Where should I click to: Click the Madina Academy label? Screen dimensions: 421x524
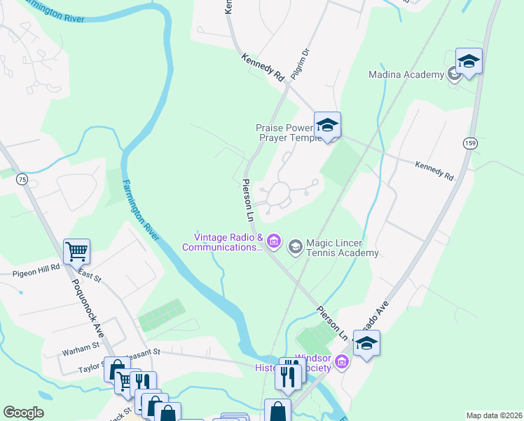pyautogui.click(x=406, y=74)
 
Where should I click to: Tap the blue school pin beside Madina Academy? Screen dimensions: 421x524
pyautogui.click(x=469, y=62)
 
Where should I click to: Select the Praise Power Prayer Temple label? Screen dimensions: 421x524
pyautogui.click(x=289, y=133)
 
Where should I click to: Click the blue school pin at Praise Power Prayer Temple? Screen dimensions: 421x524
pyautogui.click(x=327, y=126)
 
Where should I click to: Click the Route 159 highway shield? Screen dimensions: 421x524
pyautogui.click(x=469, y=143)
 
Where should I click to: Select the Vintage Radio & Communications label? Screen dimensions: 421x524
pyautogui.click(x=223, y=242)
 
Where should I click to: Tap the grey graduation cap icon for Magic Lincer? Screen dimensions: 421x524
pyautogui.click(x=295, y=246)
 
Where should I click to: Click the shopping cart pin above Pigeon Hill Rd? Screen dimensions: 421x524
pyautogui.click(x=76, y=251)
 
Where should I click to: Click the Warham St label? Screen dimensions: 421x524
pyautogui.click(x=81, y=347)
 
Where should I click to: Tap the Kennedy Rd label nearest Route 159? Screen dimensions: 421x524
pyautogui.click(x=434, y=171)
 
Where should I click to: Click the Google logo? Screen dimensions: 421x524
pyautogui.click(x=23, y=413)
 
